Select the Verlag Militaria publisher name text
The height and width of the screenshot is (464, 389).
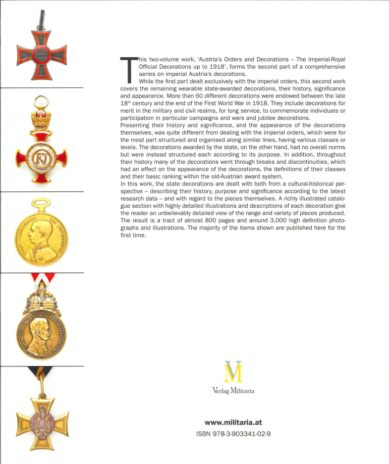point(233,390)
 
